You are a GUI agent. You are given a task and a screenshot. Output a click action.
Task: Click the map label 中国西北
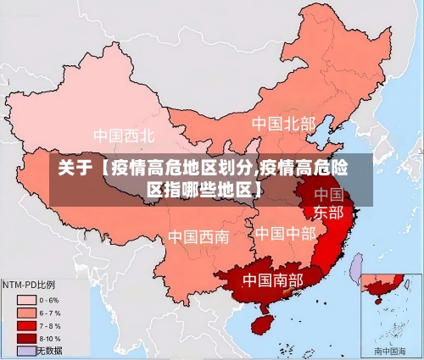point(124,136)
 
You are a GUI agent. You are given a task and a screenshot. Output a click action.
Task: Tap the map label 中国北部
point(283,125)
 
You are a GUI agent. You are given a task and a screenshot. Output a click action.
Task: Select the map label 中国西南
point(198,236)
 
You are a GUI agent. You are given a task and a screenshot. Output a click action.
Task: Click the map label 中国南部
point(272,280)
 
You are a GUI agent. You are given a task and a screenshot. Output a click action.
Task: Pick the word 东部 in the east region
point(329,213)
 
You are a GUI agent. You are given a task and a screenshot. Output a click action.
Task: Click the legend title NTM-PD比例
point(29,284)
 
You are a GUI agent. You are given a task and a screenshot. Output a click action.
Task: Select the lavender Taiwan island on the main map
point(357,268)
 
